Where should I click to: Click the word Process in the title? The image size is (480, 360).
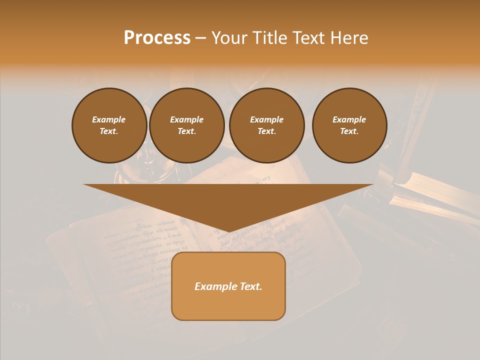[157, 38]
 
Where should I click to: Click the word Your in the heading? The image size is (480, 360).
[228, 38]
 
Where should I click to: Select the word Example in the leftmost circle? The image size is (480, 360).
[109, 119]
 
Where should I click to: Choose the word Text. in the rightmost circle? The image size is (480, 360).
[349, 131]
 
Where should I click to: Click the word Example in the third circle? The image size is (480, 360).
[266, 119]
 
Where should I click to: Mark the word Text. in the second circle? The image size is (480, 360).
[186, 131]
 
